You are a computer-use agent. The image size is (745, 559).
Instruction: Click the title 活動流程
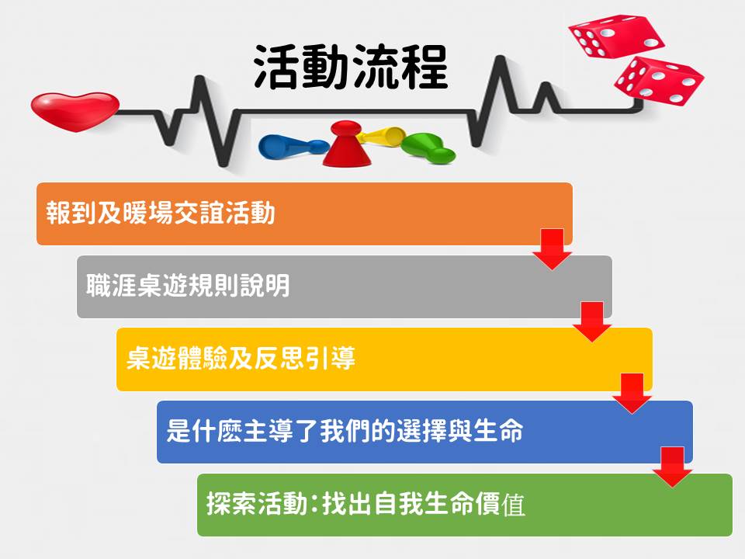coord(351,67)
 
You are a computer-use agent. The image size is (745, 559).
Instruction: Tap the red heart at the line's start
coord(75,111)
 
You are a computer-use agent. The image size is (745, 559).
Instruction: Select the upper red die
coord(616,36)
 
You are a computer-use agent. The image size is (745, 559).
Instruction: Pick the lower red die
coord(659,81)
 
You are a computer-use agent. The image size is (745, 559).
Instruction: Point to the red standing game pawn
coord(347,144)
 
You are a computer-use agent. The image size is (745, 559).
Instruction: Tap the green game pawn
coord(427,148)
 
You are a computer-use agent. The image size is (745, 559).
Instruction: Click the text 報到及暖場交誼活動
coord(161,213)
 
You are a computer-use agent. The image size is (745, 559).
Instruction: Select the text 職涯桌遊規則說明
coord(188,285)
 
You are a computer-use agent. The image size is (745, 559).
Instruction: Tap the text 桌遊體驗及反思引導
coord(241,358)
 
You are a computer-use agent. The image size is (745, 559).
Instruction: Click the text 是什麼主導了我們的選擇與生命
coord(345,431)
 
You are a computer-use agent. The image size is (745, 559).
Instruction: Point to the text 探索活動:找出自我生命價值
coord(366,504)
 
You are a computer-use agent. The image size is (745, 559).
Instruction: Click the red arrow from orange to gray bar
coord(552,249)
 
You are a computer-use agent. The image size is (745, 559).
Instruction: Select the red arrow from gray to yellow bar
coord(592,321)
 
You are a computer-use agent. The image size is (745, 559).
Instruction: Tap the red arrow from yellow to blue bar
coord(632,393)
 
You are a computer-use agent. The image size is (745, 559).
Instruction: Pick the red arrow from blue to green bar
coord(672,467)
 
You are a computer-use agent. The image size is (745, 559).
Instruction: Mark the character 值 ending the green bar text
coord(513,505)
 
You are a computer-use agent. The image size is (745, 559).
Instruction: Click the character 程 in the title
coord(424,67)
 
